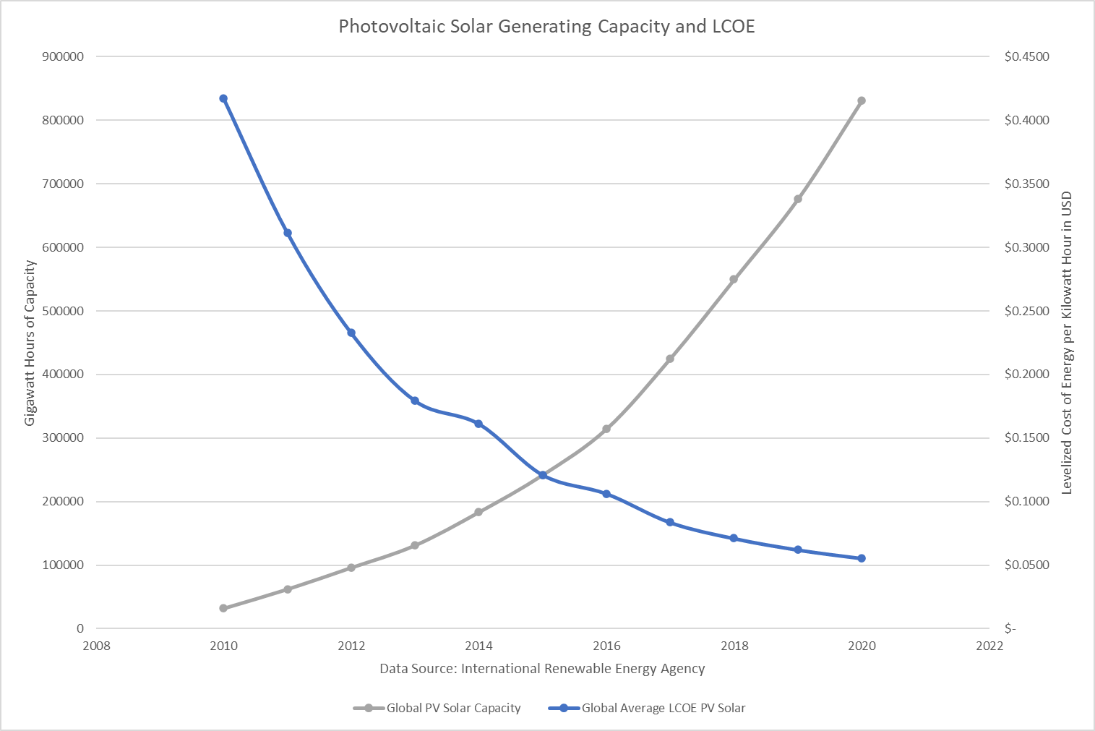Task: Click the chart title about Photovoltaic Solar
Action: coord(546,27)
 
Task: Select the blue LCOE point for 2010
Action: coord(223,98)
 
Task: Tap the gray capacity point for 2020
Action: coord(862,101)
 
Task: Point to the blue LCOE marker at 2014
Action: coord(478,424)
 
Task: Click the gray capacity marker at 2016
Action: coord(606,429)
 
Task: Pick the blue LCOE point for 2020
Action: coord(862,558)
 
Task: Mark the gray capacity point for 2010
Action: coord(223,608)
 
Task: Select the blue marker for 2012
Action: coord(351,333)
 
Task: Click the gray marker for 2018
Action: coord(734,279)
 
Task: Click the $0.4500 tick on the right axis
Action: coord(1026,56)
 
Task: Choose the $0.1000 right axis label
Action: coord(1026,502)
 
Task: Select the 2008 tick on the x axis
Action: coord(96,646)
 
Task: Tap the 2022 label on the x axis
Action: coord(989,646)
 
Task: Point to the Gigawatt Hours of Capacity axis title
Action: coord(30,343)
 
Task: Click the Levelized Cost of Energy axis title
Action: coord(1067,343)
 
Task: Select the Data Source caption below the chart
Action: coord(542,669)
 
